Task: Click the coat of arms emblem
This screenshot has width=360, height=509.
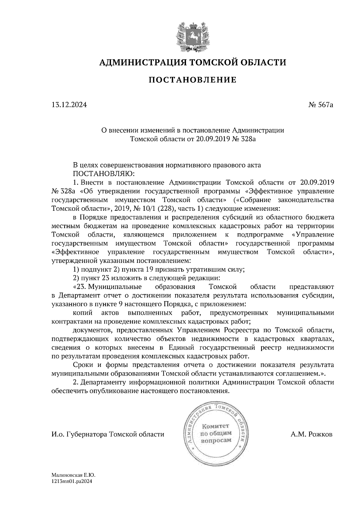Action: (x=192, y=36)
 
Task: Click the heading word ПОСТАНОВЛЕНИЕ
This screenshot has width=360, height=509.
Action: (x=193, y=80)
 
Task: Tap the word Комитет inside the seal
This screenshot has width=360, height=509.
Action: (x=215, y=426)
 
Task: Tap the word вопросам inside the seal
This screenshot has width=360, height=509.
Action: (x=216, y=440)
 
